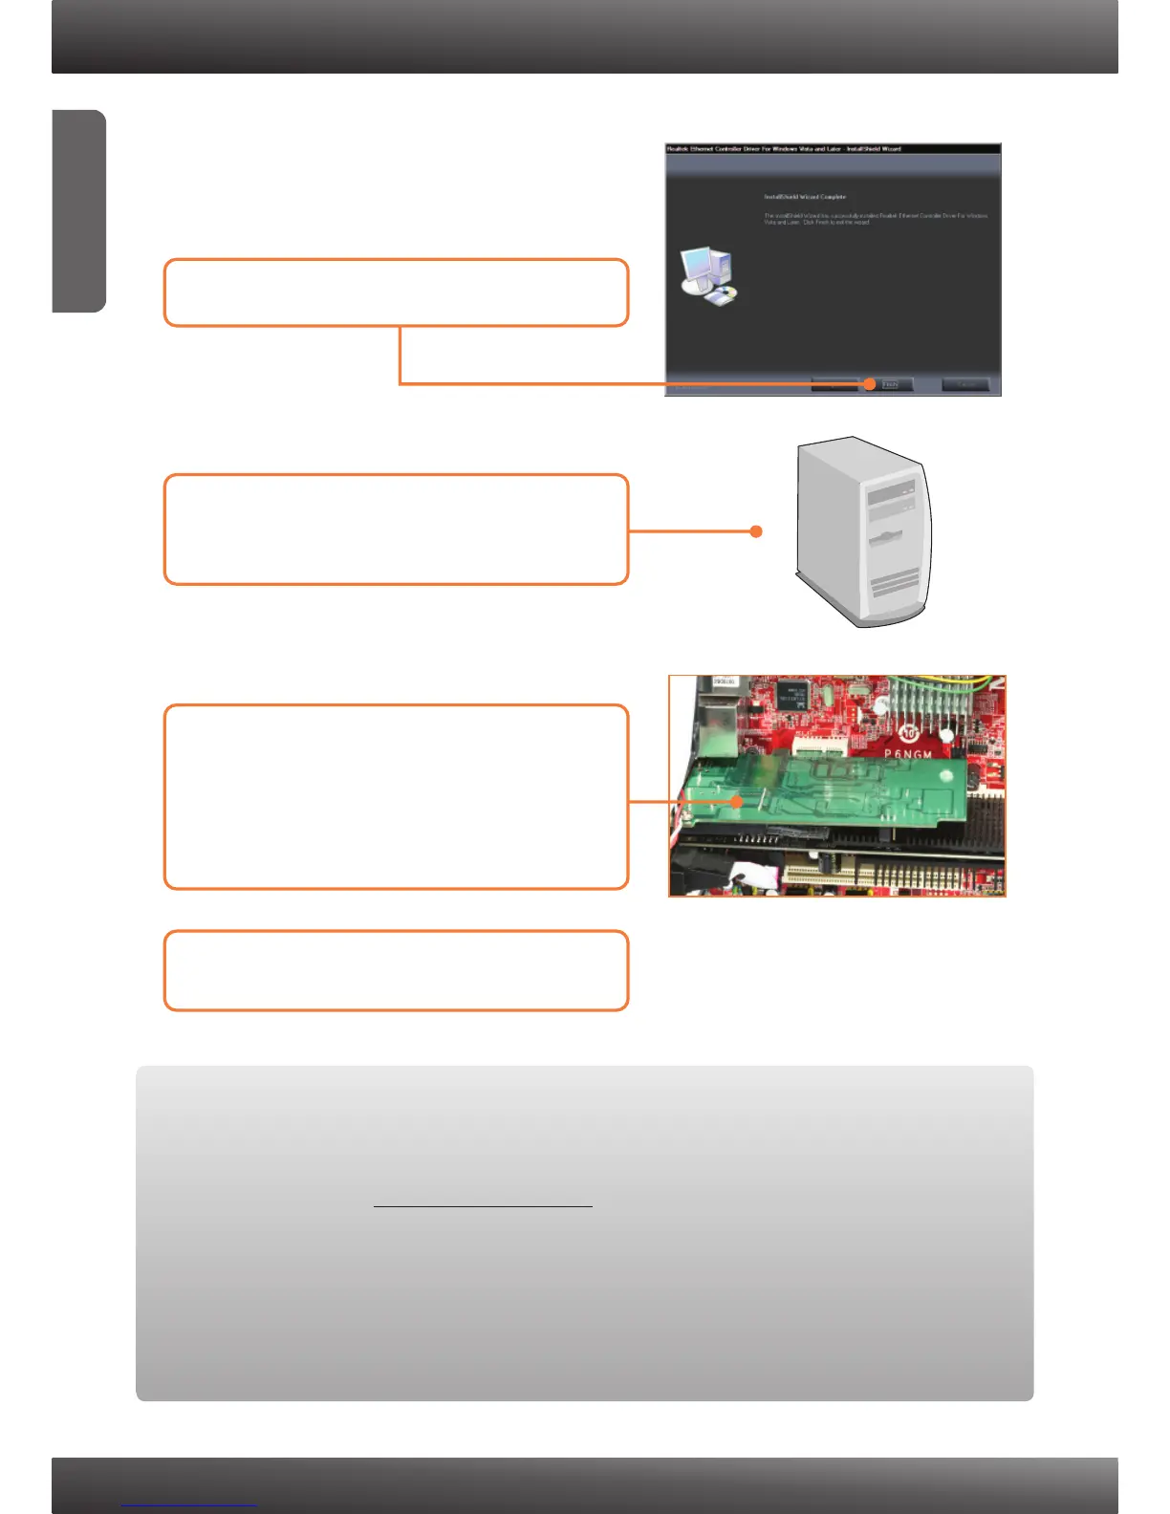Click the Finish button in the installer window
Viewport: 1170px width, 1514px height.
(891, 384)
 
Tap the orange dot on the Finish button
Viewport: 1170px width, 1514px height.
(869, 384)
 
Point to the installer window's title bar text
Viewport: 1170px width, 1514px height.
(784, 149)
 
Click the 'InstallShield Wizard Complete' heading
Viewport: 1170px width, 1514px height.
(804, 197)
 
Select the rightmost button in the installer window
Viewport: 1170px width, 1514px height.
(965, 384)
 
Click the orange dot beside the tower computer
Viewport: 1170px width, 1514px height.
(756, 531)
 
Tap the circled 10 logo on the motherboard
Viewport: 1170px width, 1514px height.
(909, 733)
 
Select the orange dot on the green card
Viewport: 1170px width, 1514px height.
(737, 802)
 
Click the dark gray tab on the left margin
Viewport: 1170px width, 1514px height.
(78, 211)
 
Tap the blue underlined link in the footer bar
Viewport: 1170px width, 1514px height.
(189, 1504)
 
